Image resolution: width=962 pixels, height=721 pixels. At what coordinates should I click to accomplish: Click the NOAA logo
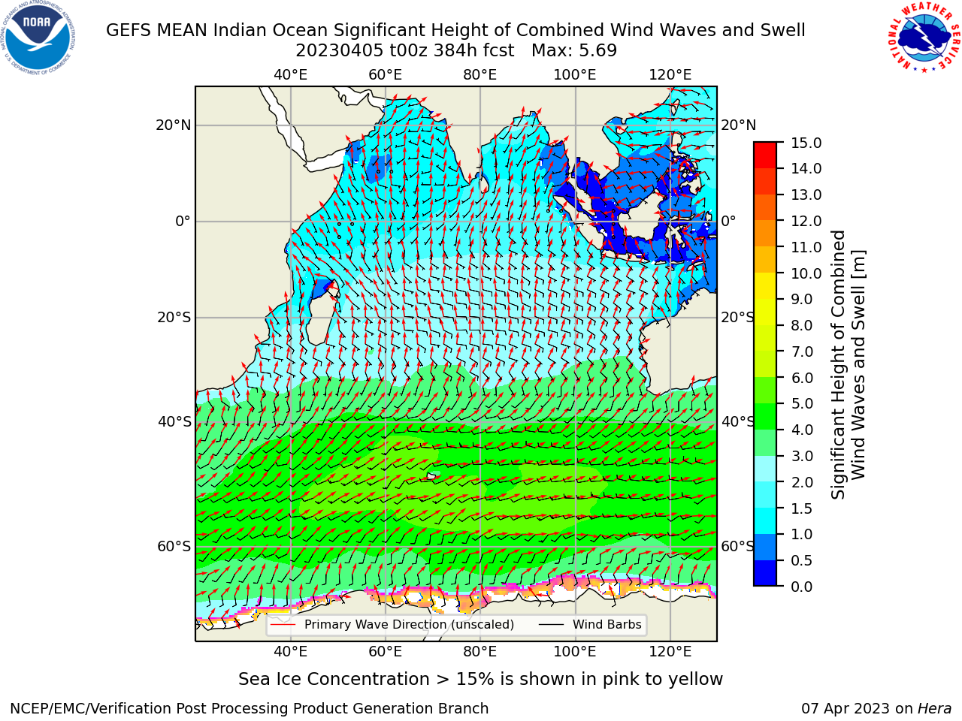tap(38, 38)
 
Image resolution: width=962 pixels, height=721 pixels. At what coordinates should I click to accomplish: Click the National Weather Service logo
tap(924, 37)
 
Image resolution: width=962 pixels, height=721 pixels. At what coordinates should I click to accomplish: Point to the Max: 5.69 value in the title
tap(574, 51)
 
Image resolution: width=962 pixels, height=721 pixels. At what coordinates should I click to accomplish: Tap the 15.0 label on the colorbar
tap(806, 143)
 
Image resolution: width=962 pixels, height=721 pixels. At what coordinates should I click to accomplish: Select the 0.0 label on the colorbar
tap(802, 587)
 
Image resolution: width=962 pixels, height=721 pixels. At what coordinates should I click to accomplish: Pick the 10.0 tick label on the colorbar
tap(806, 273)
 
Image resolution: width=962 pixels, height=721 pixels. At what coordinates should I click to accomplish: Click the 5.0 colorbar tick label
tap(802, 403)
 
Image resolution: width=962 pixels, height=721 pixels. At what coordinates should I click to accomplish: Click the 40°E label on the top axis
tap(291, 75)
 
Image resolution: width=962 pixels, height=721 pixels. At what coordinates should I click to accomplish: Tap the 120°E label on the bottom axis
tap(670, 652)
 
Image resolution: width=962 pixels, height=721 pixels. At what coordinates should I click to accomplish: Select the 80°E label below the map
tap(480, 652)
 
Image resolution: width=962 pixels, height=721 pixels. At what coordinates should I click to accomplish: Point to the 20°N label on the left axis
tap(174, 125)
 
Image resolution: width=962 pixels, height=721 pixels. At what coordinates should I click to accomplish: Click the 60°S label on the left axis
tap(174, 547)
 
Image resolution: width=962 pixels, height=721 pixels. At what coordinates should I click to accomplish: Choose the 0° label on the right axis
tap(728, 221)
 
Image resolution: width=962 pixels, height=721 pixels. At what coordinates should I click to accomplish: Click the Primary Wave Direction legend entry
tap(392, 625)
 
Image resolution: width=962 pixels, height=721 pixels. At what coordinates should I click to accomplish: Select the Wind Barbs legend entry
tap(590, 625)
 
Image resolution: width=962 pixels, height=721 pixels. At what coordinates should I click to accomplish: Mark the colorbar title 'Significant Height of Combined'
tap(838, 365)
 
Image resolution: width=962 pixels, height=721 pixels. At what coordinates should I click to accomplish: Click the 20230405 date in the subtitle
tap(340, 51)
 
